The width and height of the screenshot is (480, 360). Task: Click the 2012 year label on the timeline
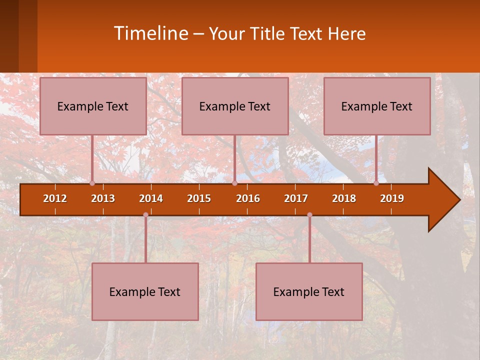click(x=55, y=198)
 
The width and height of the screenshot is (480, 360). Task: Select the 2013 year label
click(x=103, y=198)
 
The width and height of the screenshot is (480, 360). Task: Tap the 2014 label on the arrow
click(x=151, y=198)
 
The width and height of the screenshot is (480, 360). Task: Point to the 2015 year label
click(x=199, y=198)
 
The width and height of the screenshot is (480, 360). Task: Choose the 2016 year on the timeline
click(x=248, y=198)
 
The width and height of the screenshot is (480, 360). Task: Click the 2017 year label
click(x=296, y=198)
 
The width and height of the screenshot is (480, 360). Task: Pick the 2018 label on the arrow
click(x=344, y=198)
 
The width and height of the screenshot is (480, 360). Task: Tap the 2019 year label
click(x=392, y=198)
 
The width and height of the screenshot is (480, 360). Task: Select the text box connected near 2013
click(x=93, y=106)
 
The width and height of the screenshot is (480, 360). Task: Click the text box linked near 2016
click(x=235, y=106)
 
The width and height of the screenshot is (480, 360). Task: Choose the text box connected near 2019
click(x=377, y=106)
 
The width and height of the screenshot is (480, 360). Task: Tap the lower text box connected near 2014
click(x=145, y=291)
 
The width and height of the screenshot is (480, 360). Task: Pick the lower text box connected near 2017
click(x=309, y=291)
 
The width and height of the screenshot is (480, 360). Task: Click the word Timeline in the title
click(x=150, y=33)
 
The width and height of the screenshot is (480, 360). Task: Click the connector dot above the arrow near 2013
click(x=92, y=183)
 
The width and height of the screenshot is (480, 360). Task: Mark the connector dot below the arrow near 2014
click(x=145, y=214)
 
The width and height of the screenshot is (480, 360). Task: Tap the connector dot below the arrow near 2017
click(x=309, y=214)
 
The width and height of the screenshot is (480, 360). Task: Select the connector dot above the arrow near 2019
click(x=376, y=183)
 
